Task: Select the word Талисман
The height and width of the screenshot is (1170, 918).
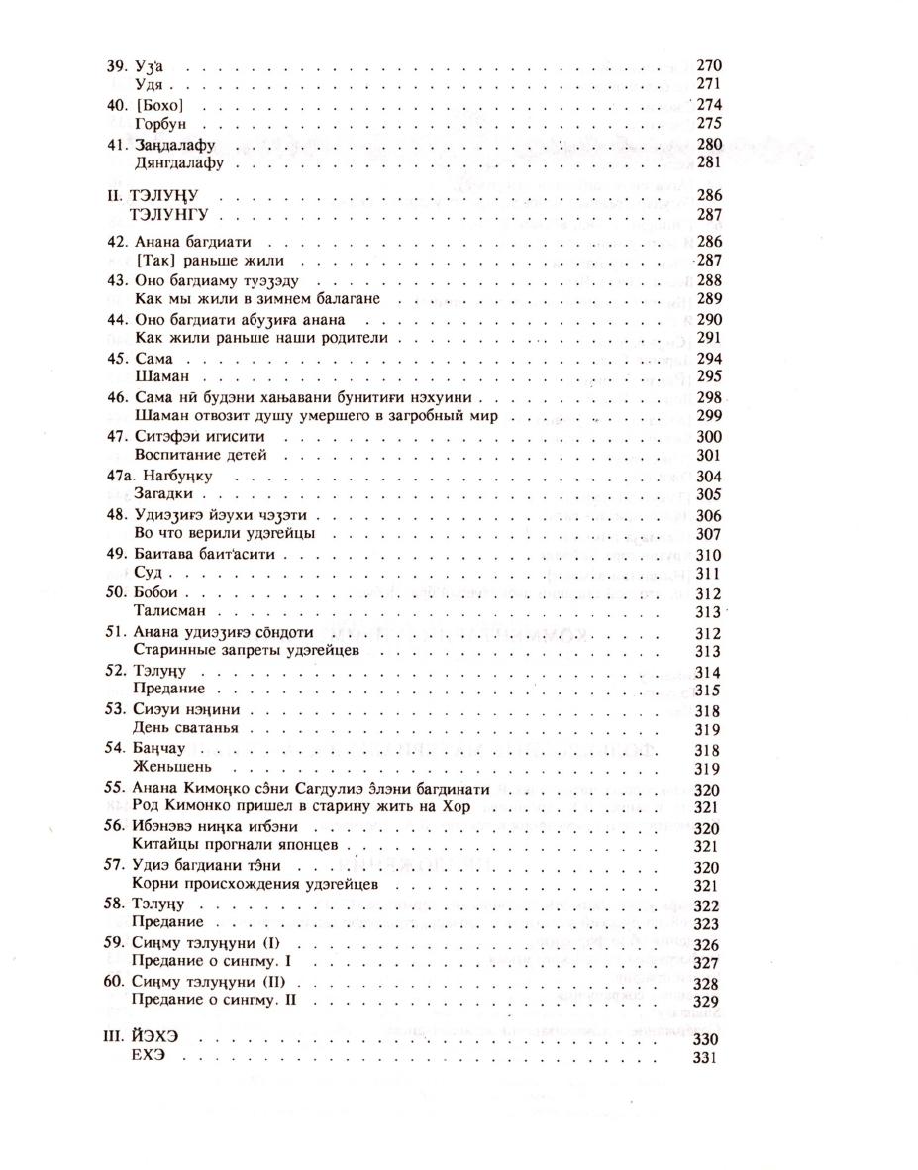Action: pos(165,611)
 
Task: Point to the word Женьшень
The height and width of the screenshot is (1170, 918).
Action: pos(167,767)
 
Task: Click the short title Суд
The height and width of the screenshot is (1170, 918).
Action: pos(146,573)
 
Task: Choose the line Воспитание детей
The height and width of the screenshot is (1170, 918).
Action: pos(197,455)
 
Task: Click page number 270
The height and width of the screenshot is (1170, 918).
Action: pos(710,65)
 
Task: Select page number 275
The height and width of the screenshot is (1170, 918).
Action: pos(710,124)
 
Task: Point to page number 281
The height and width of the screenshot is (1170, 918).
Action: pos(710,162)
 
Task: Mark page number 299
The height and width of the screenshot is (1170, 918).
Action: pos(710,416)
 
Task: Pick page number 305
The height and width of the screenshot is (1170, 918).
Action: pos(710,493)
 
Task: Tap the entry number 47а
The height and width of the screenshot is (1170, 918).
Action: pos(118,476)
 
